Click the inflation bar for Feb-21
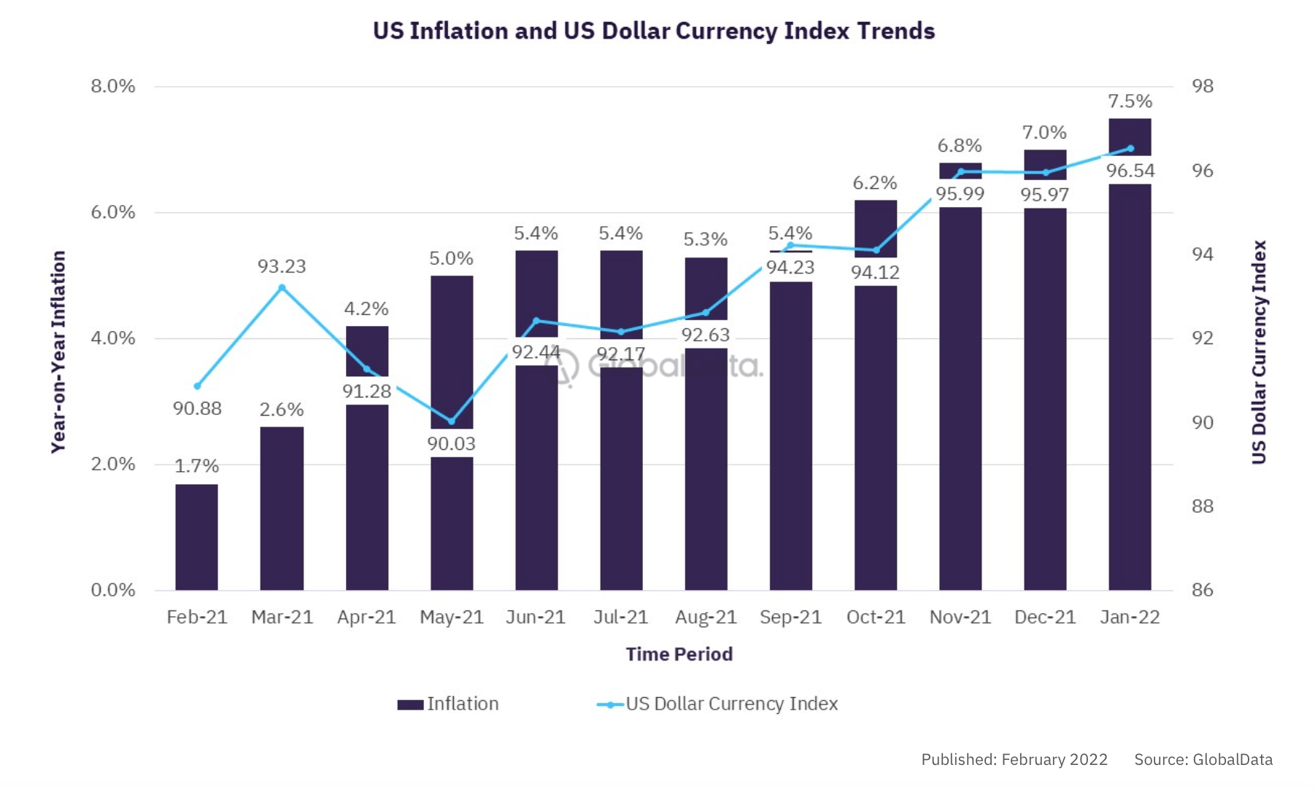pyautogui.click(x=196, y=537)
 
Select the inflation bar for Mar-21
pyautogui.click(x=282, y=508)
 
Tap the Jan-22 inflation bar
pyautogui.click(x=1130, y=386)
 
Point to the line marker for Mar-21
pyautogui.click(x=282, y=288)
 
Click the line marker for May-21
pyautogui.click(x=451, y=421)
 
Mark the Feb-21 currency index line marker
pyautogui.click(x=197, y=386)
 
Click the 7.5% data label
pyautogui.click(x=1130, y=101)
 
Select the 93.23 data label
pyautogui.click(x=282, y=267)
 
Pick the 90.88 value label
pyautogui.click(x=197, y=408)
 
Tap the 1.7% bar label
pyautogui.click(x=196, y=466)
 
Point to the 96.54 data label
pyautogui.click(x=1130, y=171)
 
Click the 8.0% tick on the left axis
pyautogui.click(x=113, y=87)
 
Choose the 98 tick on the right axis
pyautogui.click(x=1203, y=87)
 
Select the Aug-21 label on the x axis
pyautogui.click(x=706, y=618)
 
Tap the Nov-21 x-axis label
pyautogui.click(x=960, y=618)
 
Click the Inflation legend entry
pyautogui.click(x=448, y=704)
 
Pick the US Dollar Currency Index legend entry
pyautogui.click(x=717, y=704)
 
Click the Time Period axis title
pyautogui.click(x=679, y=654)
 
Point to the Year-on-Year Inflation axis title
pyautogui.click(x=58, y=351)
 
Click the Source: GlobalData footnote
pyautogui.click(x=1203, y=760)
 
